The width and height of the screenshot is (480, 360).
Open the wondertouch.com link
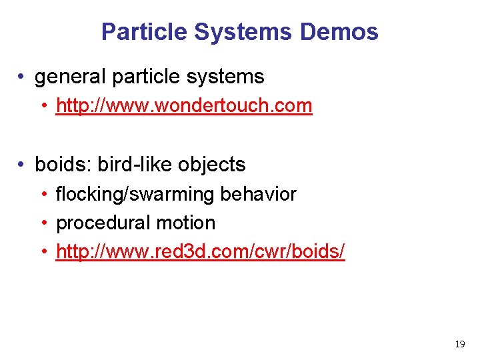pos(184,105)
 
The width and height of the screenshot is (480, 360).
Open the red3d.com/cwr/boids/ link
pos(201,252)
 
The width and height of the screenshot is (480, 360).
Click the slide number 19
pos(459,344)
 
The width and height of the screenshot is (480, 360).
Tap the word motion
pos(184,223)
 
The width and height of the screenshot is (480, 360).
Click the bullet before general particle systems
pos(23,77)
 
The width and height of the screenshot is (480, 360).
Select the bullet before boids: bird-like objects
pos(23,165)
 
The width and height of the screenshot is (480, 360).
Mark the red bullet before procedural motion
pos(44,223)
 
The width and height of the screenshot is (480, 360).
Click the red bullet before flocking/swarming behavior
pos(44,195)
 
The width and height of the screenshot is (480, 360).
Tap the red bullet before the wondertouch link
pos(44,106)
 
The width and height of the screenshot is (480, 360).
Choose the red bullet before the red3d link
pos(44,253)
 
